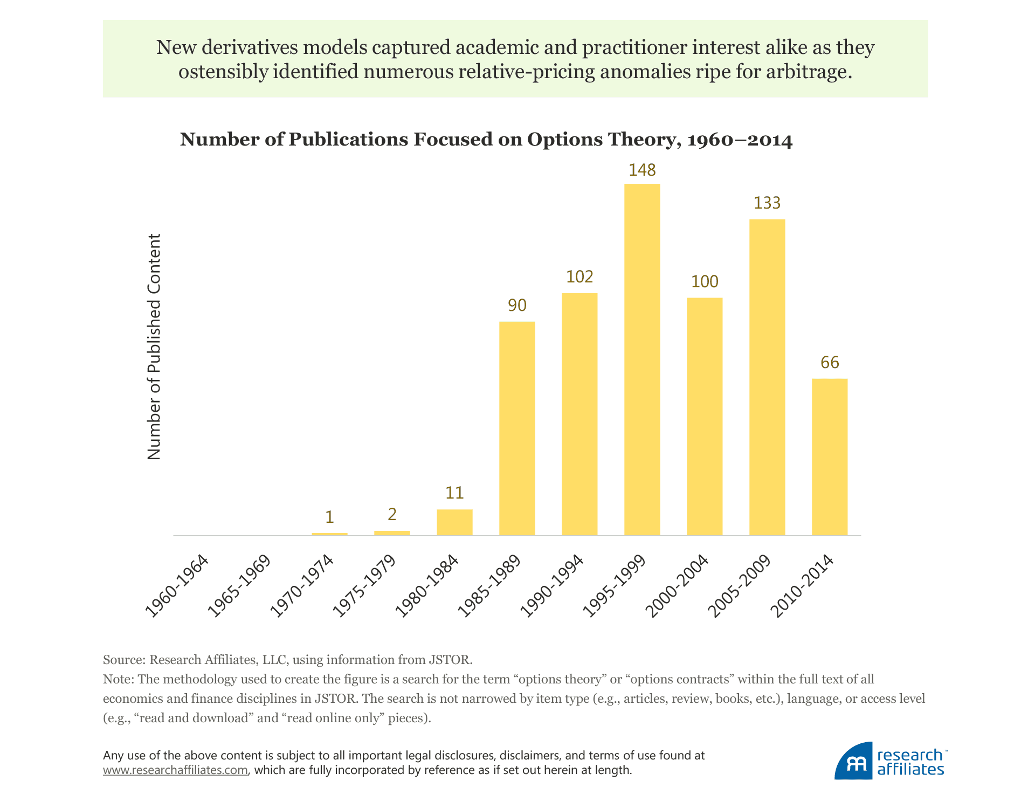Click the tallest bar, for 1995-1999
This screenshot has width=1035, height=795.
pyautogui.click(x=641, y=360)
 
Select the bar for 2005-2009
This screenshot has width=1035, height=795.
pyautogui.click(x=767, y=377)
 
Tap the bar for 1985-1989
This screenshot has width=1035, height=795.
pyautogui.click(x=516, y=428)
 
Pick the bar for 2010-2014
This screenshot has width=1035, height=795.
pyautogui.click(x=829, y=457)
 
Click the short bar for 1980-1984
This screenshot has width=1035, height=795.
pyautogui.click(x=454, y=522)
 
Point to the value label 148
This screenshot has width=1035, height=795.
pyautogui.click(x=642, y=170)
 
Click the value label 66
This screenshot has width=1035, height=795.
pyautogui.click(x=830, y=362)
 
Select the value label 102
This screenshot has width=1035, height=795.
pyautogui.click(x=579, y=276)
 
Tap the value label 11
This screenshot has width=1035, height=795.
pyautogui.click(x=454, y=493)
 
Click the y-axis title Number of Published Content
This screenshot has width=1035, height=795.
pyautogui.click(x=154, y=347)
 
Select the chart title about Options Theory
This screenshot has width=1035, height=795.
pyautogui.click(x=486, y=140)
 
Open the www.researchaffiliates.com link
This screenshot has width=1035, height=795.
pyautogui.click(x=175, y=770)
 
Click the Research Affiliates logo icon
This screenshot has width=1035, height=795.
pyautogui.click(x=853, y=762)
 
